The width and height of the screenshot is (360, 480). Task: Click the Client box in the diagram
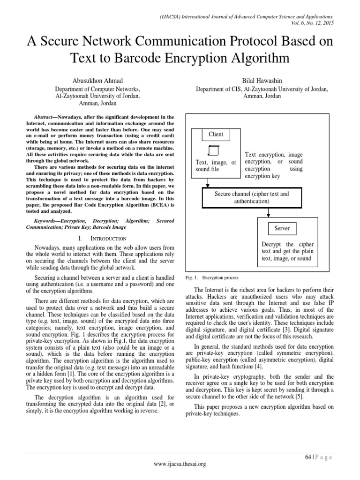point(216,135)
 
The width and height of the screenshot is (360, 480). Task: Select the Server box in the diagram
point(282,228)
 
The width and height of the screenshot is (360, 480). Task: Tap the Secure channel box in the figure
point(251,197)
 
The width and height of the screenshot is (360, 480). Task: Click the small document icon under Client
point(213,151)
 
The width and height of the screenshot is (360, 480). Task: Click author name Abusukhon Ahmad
point(97,80)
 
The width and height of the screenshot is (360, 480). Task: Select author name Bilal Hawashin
point(262,80)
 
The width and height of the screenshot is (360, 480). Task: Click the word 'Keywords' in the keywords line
point(46,220)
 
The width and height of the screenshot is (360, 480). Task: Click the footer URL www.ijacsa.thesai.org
point(180,464)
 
